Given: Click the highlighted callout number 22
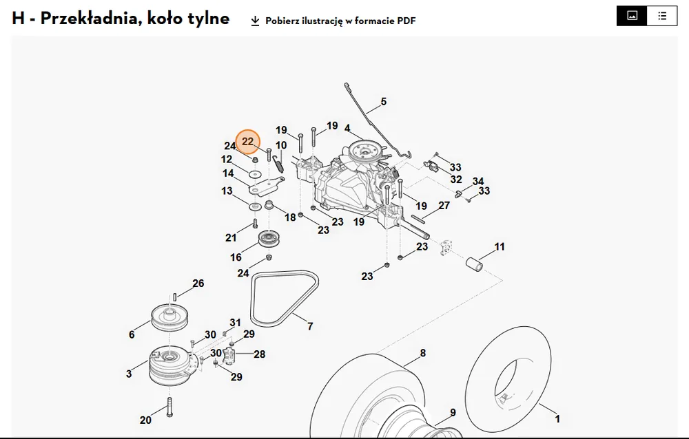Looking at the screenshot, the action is pos(248,141).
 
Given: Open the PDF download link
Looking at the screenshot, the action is pos(333,21).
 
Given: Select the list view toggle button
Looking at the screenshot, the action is pos(662,17).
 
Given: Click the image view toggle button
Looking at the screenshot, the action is pos(632,17).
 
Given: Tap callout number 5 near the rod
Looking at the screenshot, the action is pos(384,102).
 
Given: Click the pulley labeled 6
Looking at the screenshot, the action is pos(169,317).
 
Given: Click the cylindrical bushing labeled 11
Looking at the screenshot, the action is pos(474,264).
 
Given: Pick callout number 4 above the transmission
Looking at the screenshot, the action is pos(347,128).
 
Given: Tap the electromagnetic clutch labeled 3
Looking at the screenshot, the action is pos(169,366).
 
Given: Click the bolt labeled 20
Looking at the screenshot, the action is pos(169,407).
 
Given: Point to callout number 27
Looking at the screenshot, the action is pos(444,206).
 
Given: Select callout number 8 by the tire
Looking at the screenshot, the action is pos(423,353).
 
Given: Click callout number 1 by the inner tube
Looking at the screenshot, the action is pos(557,419).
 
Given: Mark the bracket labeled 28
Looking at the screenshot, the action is pos(229,355).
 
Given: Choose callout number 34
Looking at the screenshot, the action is pos(478,181).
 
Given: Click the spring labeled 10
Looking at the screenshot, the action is pos(278,163).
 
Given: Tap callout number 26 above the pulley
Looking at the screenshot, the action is pos(198,283).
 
